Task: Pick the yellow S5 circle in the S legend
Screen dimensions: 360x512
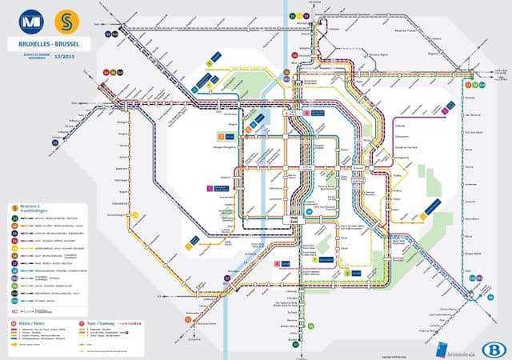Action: (x=14, y=247)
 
